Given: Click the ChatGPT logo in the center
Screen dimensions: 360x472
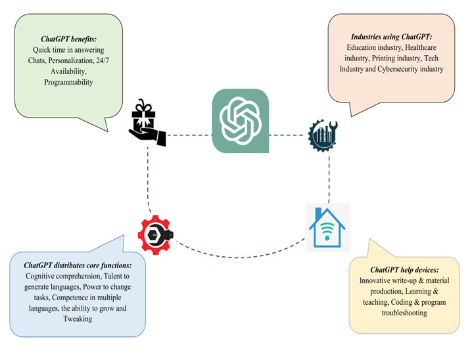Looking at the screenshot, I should (x=240, y=121).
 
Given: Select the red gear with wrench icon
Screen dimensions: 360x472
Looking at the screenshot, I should (x=156, y=234).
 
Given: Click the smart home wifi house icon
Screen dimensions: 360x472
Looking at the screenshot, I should (x=327, y=227).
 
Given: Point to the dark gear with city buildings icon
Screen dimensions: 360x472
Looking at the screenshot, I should (x=323, y=135).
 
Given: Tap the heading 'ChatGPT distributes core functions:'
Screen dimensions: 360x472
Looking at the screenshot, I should (x=78, y=266).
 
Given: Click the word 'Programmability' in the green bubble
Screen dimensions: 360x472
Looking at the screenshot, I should (x=68, y=82).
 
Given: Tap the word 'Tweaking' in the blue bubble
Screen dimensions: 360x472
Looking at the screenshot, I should (x=77, y=318).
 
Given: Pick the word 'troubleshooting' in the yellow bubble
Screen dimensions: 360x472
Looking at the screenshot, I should (x=405, y=313).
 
